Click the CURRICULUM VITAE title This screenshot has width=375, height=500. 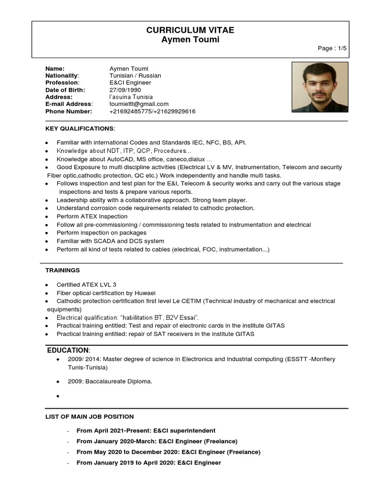click(x=190, y=30)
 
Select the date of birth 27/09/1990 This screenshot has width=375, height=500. click(x=125, y=90)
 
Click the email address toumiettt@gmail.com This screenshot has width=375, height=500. click(x=139, y=104)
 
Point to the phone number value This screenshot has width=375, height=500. click(x=152, y=111)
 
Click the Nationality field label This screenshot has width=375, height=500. click(x=62, y=76)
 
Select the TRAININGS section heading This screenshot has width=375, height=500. click(x=62, y=270)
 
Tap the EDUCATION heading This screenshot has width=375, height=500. click(x=68, y=351)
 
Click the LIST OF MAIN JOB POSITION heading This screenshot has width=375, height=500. click(x=89, y=417)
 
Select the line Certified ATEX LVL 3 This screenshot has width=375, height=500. click(x=86, y=284)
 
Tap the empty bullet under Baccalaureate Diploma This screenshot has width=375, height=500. click(x=58, y=396)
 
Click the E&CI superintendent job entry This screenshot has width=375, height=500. click(x=146, y=431)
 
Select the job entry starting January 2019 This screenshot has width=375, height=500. click(x=149, y=462)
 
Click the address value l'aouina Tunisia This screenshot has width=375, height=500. click(x=131, y=97)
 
